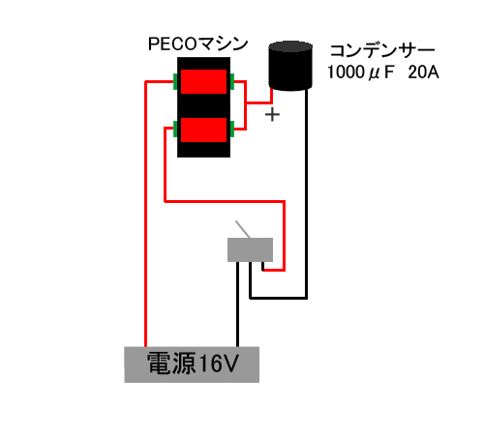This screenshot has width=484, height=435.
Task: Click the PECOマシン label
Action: click(197, 44)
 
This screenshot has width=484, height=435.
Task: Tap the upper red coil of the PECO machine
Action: click(203, 81)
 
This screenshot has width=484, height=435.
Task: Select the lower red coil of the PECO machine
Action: click(203, 130)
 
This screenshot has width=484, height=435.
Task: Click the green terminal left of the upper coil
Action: click(175, 81)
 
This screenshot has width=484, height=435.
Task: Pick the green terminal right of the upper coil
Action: click(232, 81)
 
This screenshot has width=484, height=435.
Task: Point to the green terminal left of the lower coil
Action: click(175, 129)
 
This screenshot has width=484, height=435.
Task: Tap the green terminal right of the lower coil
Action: click(232, 129)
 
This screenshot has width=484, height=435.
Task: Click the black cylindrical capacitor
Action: click(290, 66)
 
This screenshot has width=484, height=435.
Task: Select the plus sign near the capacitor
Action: click(272, 115)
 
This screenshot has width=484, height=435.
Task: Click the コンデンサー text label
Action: click(382, 51)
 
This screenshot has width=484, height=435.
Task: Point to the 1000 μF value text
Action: click(360, 72)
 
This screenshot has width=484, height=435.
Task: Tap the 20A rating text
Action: click(423, 72)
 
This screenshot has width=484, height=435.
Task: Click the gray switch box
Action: click(250, 249)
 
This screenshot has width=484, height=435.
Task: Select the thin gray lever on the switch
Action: click(243, 229)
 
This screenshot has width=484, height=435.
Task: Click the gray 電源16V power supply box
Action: click(192, 364)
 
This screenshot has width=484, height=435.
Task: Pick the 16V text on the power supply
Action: click(219, 363)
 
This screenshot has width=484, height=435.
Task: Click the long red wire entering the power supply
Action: click(146, 213)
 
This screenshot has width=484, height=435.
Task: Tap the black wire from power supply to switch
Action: click(238, 304)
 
